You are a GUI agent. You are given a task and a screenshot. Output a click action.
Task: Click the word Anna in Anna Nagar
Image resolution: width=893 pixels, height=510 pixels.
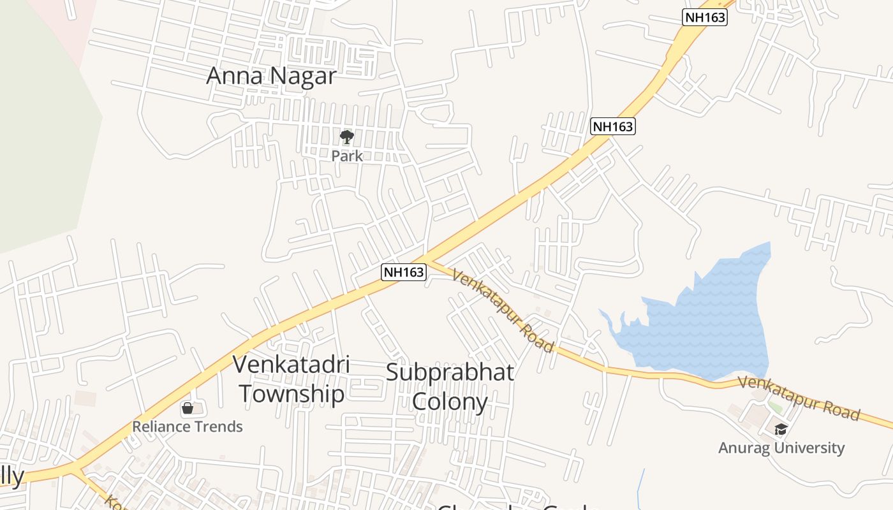coord(232,76)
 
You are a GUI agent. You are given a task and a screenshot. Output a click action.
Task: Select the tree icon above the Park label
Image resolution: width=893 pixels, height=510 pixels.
coord(347,136)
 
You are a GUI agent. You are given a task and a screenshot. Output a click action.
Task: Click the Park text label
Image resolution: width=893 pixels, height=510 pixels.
coord(347,156)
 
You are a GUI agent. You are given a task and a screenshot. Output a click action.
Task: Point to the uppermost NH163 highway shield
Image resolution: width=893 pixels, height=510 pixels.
coord(705,17)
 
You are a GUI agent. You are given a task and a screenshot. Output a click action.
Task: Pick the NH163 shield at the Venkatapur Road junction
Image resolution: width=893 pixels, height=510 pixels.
coord(403,272)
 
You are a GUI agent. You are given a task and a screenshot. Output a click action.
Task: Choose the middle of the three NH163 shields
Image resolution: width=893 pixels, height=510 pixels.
coord(613,126)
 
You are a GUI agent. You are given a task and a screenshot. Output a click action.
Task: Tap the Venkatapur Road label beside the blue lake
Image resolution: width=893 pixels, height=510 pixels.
coord(799,398)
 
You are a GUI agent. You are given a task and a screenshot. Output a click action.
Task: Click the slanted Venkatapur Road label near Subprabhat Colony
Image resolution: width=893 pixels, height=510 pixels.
coord(503,310)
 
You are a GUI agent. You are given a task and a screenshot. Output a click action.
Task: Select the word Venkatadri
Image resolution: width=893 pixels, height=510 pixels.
coord(291,365)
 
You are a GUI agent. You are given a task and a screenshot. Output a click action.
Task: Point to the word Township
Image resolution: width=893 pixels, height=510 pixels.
coord(292,394)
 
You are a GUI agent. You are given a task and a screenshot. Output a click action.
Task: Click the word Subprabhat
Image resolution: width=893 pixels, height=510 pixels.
coord(450,372)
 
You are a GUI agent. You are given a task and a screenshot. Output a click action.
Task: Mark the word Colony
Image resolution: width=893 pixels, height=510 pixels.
coord(450,402)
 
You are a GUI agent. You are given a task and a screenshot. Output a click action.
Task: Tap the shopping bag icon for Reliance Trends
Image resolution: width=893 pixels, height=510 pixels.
coord(188,408)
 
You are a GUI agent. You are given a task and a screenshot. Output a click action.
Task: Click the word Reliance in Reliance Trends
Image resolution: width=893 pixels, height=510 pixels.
coord(161,426)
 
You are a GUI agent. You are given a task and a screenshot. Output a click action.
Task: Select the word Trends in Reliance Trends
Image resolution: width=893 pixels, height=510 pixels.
coord(218,426)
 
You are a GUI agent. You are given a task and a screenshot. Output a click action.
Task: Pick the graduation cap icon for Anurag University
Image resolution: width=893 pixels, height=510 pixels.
coord(781,429)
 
